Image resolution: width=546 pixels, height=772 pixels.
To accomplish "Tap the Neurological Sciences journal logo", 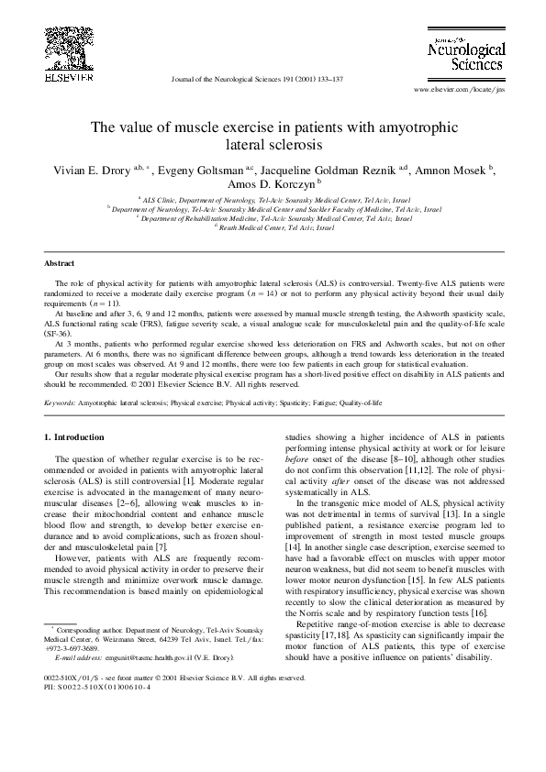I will (x=465, y=55).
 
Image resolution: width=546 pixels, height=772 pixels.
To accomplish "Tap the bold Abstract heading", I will (x=60, y=262).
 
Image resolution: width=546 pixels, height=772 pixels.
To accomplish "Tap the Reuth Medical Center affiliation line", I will (x=273, y=227).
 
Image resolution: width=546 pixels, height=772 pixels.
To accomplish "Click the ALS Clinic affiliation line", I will (x=273, y=198).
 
